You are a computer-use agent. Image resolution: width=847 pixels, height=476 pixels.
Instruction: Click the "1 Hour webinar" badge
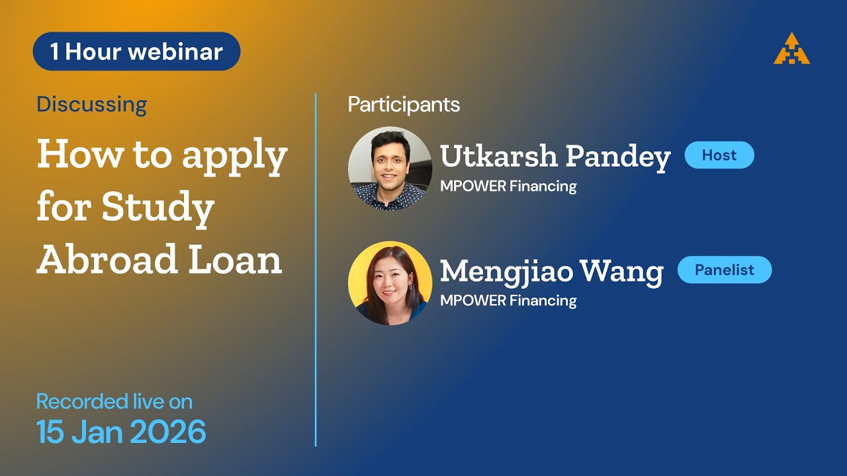(136, 52)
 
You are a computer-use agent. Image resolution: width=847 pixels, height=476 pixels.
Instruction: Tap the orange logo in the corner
(791, 49)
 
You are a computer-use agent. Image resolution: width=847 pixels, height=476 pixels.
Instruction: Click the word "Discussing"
(91, 104)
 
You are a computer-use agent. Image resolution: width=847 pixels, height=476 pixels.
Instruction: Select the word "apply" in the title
(235, 156)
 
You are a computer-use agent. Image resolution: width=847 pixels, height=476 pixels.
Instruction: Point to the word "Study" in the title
(157, 208)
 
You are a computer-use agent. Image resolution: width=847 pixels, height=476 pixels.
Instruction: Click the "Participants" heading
(404, 104)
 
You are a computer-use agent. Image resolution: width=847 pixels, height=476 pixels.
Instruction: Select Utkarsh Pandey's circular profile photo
(390, 169)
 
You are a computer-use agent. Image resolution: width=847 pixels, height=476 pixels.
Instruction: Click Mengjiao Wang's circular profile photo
(390, 283)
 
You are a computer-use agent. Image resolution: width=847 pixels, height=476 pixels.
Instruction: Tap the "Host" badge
(719, 155)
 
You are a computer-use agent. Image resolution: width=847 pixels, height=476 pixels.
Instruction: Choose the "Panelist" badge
(725, 270)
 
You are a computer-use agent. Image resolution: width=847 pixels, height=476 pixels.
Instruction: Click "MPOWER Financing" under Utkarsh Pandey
(508, 186)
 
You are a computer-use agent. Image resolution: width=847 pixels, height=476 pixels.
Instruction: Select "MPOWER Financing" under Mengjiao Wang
(508, 301)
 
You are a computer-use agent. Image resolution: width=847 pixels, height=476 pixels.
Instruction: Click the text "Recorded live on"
(114, 401)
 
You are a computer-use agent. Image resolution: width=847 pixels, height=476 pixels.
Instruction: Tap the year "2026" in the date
(168, 432)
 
